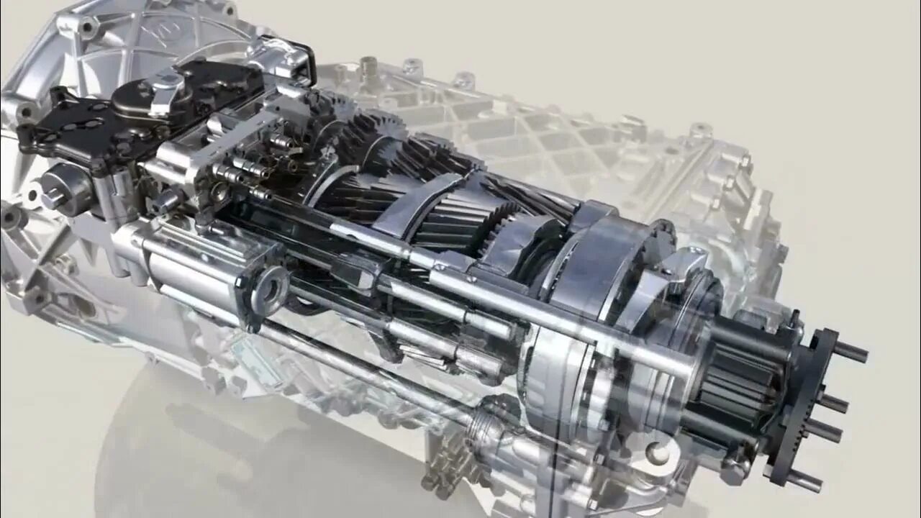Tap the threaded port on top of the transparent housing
pyautogui.click(x=369, y=67)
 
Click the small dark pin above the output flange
pyautogui.click(x=794, y=317)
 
